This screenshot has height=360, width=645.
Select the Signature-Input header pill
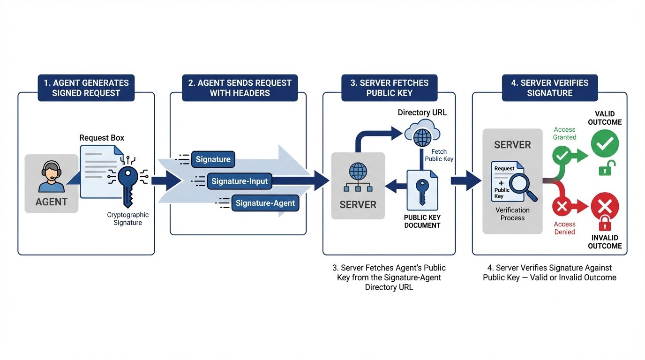240,181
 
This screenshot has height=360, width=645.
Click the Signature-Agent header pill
265,203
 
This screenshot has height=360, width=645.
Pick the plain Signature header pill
213,159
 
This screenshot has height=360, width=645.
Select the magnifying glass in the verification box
522,187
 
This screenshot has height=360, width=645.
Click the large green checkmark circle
605,143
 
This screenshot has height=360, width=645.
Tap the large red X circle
605,206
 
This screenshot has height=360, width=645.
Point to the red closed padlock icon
605,223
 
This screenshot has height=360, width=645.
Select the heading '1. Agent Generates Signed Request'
86,88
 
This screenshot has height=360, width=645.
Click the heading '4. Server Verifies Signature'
549,88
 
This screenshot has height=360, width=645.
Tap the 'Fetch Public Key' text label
439,155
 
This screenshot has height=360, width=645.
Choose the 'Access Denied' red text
564,228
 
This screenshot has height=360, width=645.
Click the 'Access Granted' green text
564,134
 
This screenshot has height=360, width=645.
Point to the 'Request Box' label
101,138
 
